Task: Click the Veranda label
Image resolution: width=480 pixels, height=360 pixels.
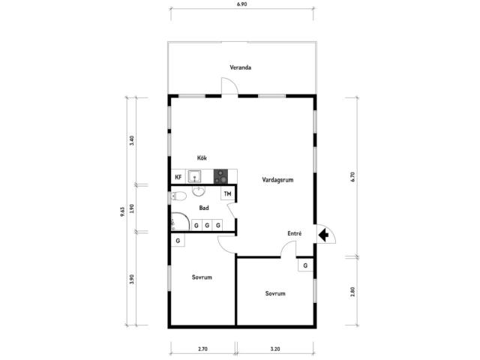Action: click(241, 67)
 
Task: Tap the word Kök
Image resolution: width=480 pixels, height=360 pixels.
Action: click(202, 158)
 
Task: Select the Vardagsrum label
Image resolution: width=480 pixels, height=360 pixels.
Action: click(277, 180)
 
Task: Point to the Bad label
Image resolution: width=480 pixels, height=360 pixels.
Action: click(204, 208)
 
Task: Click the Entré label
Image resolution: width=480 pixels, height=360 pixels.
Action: click(295, 233)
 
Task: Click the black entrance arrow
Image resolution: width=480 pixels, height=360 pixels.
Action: click(323, 235)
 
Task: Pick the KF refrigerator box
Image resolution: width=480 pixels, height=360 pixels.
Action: click(178, 177)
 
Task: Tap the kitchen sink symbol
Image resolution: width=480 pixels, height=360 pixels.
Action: click(194, 177)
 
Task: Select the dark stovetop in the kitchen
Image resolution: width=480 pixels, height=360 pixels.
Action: click(220, 176)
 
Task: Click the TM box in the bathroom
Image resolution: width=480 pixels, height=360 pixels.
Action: click(228, 193)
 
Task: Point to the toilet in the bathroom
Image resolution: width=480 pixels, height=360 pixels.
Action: click(178, 196)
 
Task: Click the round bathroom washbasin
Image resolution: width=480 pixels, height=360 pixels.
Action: click(199, 191)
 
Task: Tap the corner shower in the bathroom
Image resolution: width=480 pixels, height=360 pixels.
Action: click(180, 222)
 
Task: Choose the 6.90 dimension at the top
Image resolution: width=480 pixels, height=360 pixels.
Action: click(241, 4)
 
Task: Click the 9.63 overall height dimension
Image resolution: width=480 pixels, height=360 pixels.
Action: click(122, 211)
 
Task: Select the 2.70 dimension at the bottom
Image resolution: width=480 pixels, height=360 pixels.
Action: click(202, 349)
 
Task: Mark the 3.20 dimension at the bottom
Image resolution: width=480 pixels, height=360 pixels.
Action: click(275, 349)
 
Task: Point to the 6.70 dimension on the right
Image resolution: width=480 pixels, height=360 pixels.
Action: click(352, 177)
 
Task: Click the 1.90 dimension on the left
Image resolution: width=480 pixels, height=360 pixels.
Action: click(132, 208)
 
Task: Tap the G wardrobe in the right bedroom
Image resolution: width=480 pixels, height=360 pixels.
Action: click(305, 265)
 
